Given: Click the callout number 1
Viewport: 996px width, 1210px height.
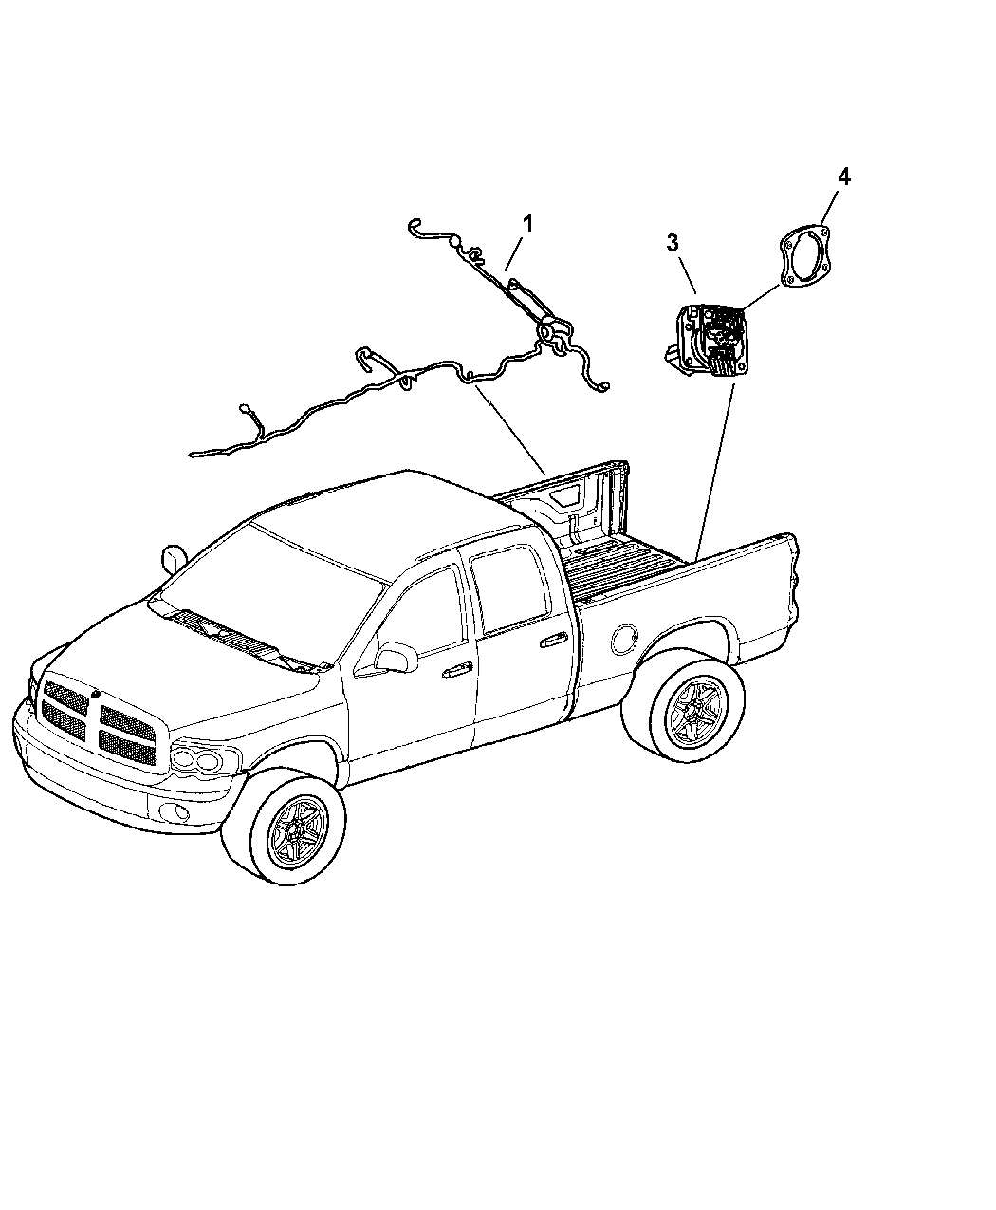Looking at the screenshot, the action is tap(526, 224).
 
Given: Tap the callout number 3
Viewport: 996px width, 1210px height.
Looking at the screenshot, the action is tap(673, 243).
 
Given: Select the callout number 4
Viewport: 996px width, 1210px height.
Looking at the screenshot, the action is tap(844, 177).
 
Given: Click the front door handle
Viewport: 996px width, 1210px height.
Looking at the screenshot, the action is tap(456, 670).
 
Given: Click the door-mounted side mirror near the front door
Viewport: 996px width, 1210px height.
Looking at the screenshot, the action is tap(396, 657).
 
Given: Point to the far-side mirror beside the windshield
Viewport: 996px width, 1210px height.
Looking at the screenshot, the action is tap(172, 559).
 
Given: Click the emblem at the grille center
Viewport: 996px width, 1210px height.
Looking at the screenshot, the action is tap(95, 694).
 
